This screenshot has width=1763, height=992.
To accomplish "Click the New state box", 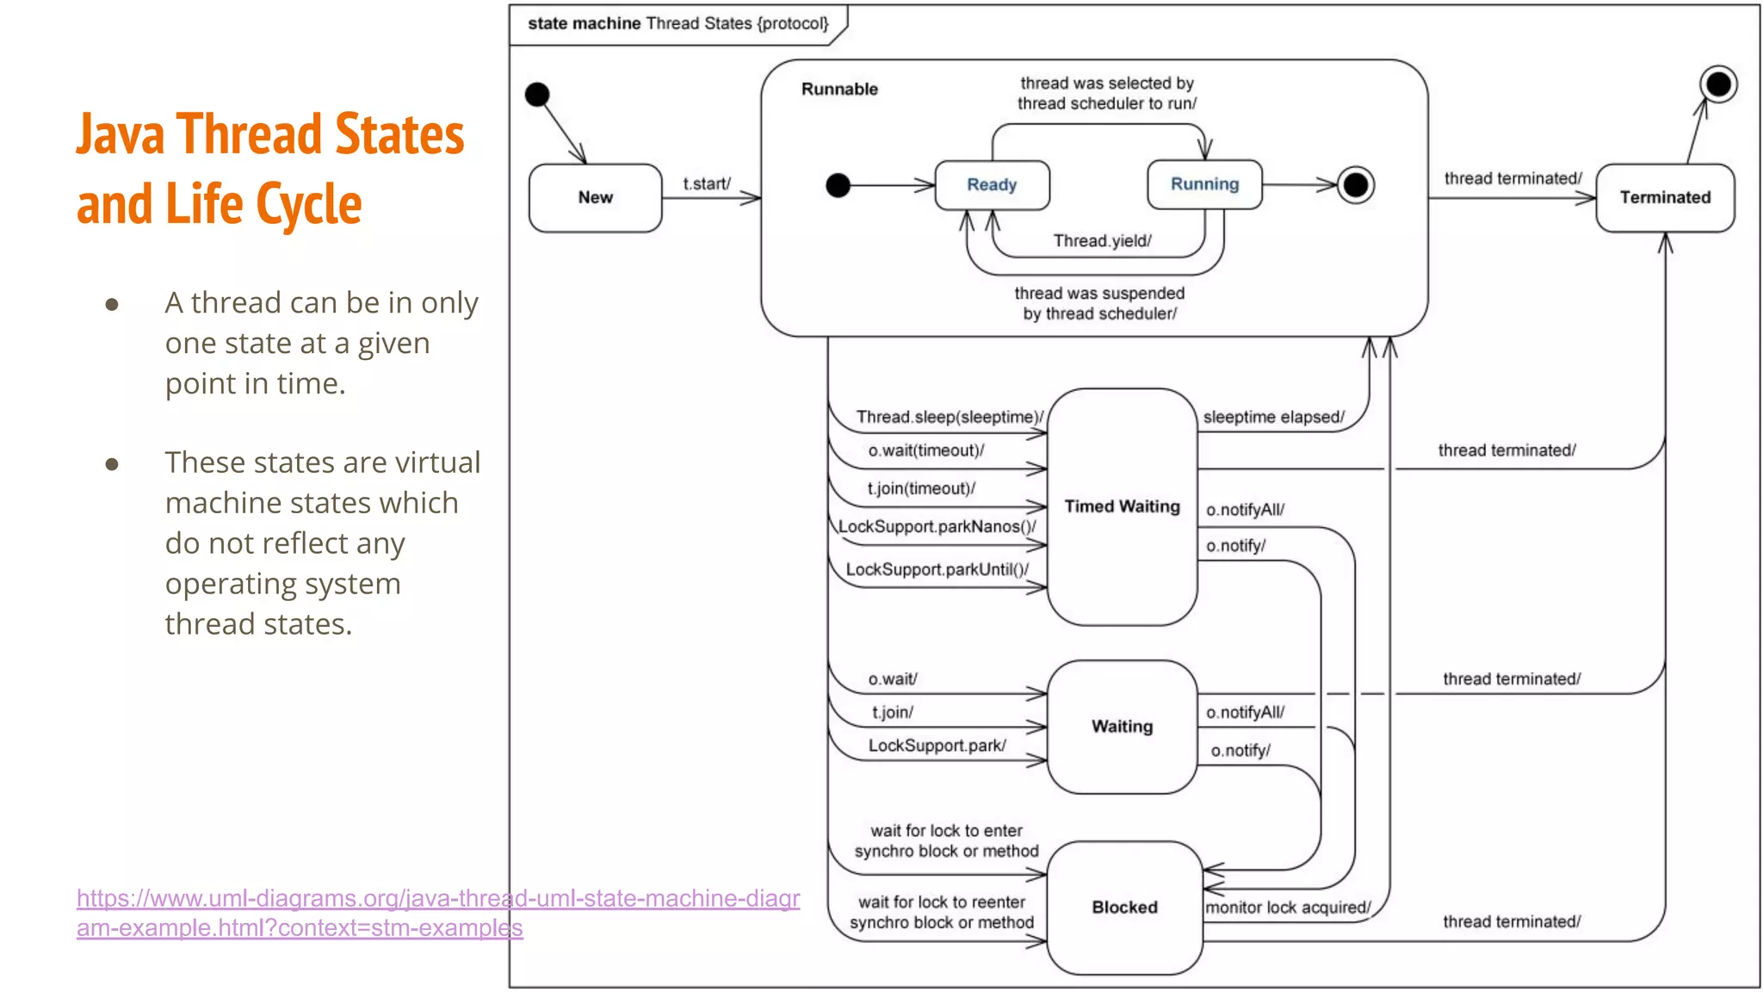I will coord(595,198).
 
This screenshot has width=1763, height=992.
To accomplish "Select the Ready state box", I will coord(992,185).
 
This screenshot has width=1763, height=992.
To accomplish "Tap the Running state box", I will coord(1204,184).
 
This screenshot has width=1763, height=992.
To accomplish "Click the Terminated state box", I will coord(1665,198).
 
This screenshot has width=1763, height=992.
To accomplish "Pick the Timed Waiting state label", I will coord(1122,506).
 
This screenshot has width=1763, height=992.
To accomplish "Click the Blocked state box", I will coord(1124,908).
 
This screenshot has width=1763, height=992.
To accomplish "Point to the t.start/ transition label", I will coord(707,183).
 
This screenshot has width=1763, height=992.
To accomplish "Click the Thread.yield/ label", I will coord(1102,241).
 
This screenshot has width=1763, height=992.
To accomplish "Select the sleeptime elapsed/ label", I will coord(1273,418).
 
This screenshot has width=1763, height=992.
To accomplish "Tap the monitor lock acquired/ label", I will coord(1288,908).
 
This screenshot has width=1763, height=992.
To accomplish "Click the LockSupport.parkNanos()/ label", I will coord(937,526).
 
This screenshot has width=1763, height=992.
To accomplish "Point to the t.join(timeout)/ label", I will coord(921,488).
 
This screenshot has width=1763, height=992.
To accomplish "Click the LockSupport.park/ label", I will coord(937,746).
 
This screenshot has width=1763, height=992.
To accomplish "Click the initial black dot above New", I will coord(537,95).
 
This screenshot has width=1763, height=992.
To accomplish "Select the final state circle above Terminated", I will coord(1718,84).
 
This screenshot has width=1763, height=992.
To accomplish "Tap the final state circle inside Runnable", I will coord(1355,185).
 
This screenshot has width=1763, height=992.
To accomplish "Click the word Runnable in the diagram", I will coord(839,90).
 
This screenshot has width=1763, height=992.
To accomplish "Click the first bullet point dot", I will coord(112,304).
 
